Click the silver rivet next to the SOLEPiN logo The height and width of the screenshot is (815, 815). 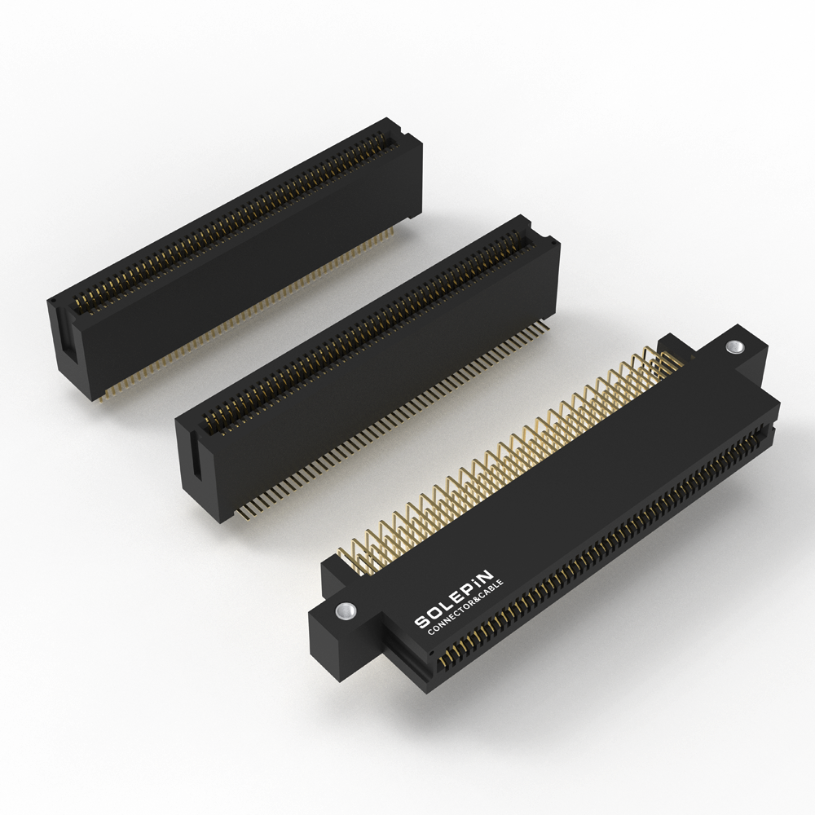click(x=346, y=610)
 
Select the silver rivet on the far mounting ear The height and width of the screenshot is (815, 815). click(x=734, y=346)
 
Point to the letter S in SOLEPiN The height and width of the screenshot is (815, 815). click(x=421, y=622)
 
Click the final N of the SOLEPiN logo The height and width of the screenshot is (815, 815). click(x=485, y=575)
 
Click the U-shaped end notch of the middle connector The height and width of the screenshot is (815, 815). click(x=196, y=455)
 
